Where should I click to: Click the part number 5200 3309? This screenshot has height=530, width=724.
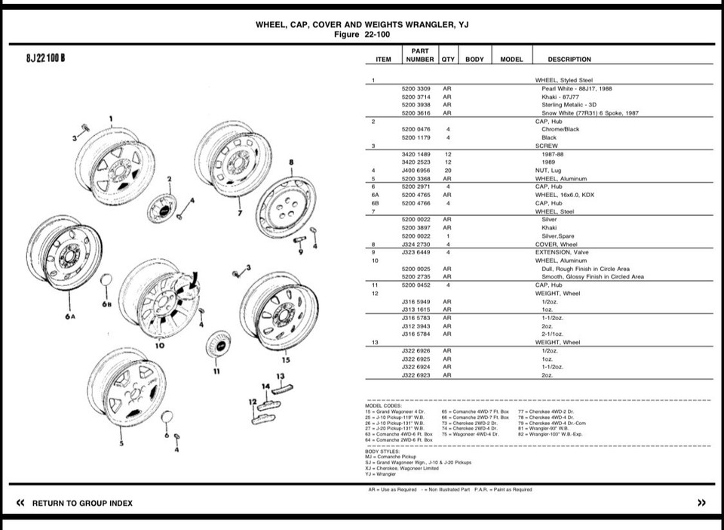point(416,88)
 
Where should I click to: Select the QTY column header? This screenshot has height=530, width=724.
point(448,59)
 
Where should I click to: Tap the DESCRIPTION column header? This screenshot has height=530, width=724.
point(569,59)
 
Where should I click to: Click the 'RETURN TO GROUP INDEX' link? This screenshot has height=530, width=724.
point(82,503)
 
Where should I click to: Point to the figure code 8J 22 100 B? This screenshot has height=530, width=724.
point(45,60)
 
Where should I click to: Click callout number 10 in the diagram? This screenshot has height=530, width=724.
point(160,345)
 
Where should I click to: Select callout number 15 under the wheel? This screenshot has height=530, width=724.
point(286,359)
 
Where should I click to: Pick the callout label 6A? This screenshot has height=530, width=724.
point(69,317)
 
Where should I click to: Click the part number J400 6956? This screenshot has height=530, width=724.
point(416,170)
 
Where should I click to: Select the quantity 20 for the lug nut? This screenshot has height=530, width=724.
point(447,170)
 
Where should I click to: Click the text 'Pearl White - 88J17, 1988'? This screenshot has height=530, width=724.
point(576,88)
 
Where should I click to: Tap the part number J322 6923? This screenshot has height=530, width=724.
point(416,374)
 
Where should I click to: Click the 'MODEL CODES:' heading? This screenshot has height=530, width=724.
point(383,405)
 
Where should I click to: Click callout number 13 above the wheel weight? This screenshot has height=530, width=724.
point(280,376)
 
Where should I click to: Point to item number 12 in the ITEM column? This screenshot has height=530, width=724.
point(375,293)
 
